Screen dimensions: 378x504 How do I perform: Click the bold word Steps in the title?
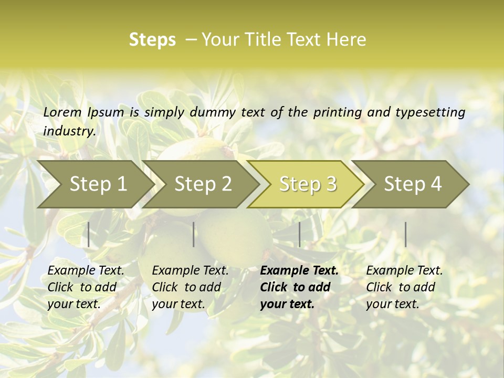(152, 40)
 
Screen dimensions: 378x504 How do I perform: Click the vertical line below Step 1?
(89, 234)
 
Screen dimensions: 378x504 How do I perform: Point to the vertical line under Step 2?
(194, 234)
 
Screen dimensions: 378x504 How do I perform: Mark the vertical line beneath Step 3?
(299, 234)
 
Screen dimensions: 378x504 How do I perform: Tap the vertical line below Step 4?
(405, 234)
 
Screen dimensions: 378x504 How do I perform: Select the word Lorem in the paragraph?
(62, 112)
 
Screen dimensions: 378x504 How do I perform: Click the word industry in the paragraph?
(69, 131)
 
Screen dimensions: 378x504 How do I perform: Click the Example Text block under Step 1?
(86, 287)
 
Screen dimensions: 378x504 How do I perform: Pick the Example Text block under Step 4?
(404, 287)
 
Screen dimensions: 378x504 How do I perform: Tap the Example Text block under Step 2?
(190, 287)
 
